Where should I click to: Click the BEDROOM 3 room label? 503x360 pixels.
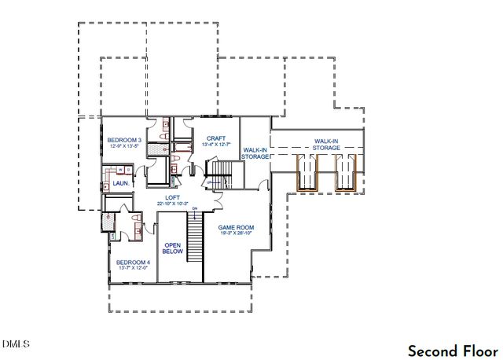(x=123, y=139)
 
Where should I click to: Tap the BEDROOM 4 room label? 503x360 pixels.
(x=133, y=262)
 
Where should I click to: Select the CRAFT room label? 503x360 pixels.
(x=215, y=138)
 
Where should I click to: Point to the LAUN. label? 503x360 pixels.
(x=109, y=184)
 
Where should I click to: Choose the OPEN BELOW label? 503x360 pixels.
(x=172, y=248)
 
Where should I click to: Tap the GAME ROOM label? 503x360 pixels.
(x=236, y=226)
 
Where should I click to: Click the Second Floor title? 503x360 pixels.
(x=452, y=350)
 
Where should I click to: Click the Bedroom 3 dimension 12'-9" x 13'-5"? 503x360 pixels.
(x=123, y=146)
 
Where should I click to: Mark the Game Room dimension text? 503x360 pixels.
(x=236, y=233)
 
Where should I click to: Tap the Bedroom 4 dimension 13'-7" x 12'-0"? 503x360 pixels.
(x=133, y=269)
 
